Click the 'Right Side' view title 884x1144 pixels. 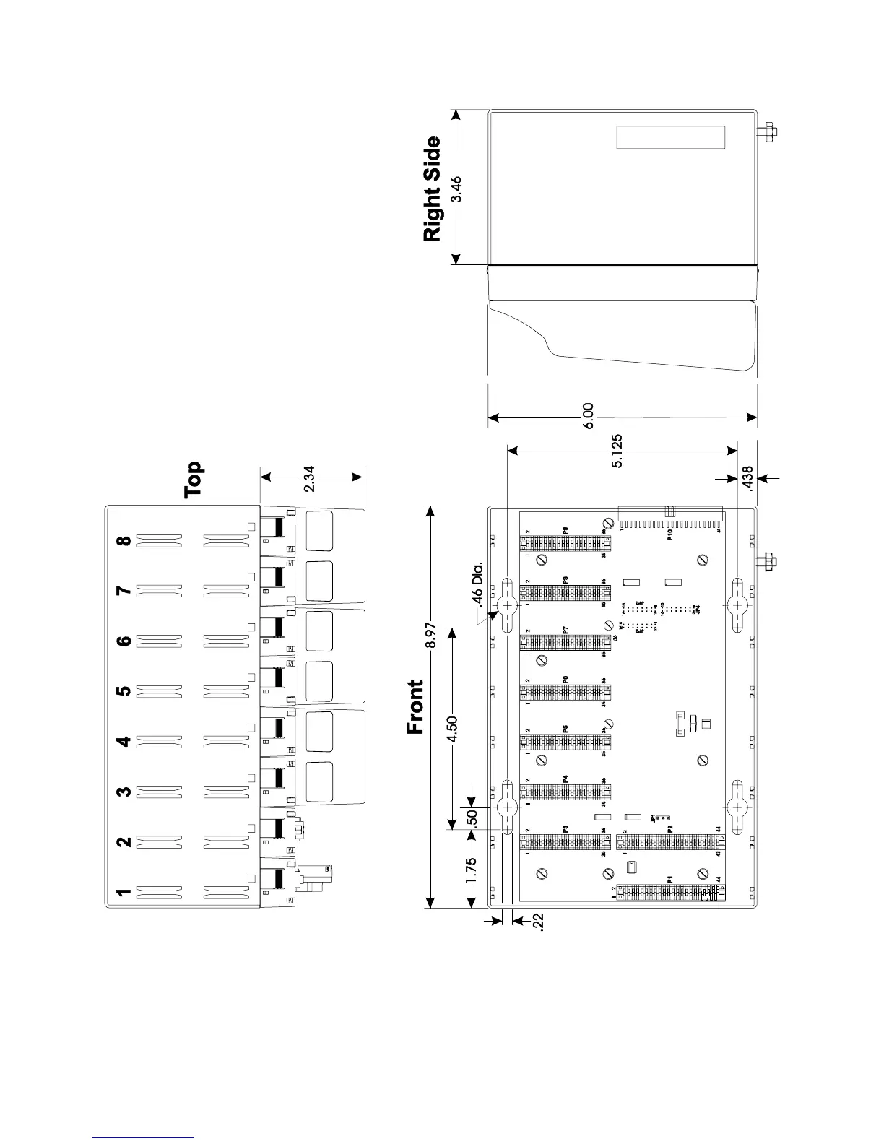431,189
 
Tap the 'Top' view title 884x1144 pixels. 194,480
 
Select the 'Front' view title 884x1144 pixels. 415,707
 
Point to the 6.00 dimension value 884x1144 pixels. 589,417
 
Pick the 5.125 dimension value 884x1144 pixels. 617,451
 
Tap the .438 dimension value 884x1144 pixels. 747,478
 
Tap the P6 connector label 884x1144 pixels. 565,679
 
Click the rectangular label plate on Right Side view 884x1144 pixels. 670,137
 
